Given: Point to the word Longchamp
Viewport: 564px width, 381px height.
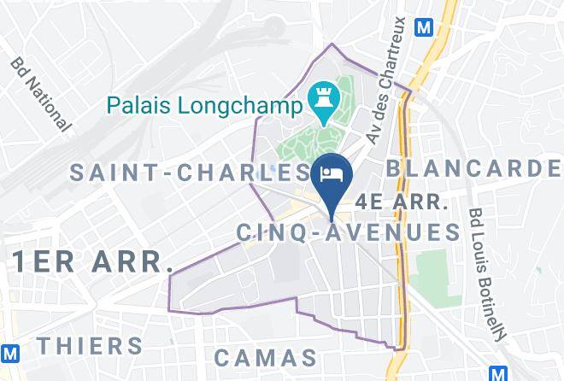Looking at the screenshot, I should click(x=242, y=107).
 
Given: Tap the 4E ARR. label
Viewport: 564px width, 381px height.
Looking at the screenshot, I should click(x=402, y=202).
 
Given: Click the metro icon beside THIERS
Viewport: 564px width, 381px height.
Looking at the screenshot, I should click(x=10, y=352).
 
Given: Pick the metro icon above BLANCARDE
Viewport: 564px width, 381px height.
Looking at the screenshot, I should click(x=422, y=26).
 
